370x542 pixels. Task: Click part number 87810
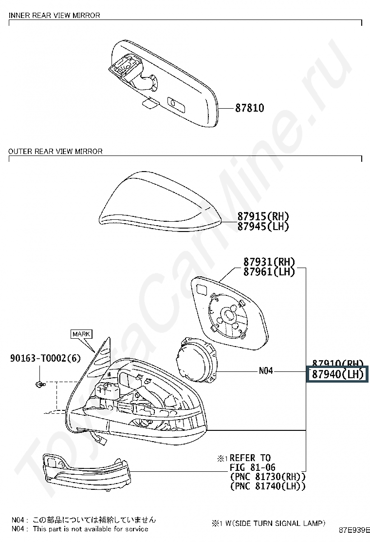point(250,108)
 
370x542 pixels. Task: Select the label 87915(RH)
point(263,216)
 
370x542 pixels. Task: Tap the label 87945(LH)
point(263,226)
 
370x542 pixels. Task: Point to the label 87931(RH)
point(269,262)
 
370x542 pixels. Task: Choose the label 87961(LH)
point(269,272)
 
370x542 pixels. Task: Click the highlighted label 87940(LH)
point(338,374)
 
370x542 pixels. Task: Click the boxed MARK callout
point(81,334)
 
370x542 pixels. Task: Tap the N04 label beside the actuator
point(266,371)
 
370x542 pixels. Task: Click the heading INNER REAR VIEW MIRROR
point(55,16)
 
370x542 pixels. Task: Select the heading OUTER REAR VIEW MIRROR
point(55,152)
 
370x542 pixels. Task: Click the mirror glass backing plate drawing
point(229,312)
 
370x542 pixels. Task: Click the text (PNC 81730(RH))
point(267,477)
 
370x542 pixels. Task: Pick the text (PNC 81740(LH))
point(267,486)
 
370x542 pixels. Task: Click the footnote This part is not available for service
point(90,529)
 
